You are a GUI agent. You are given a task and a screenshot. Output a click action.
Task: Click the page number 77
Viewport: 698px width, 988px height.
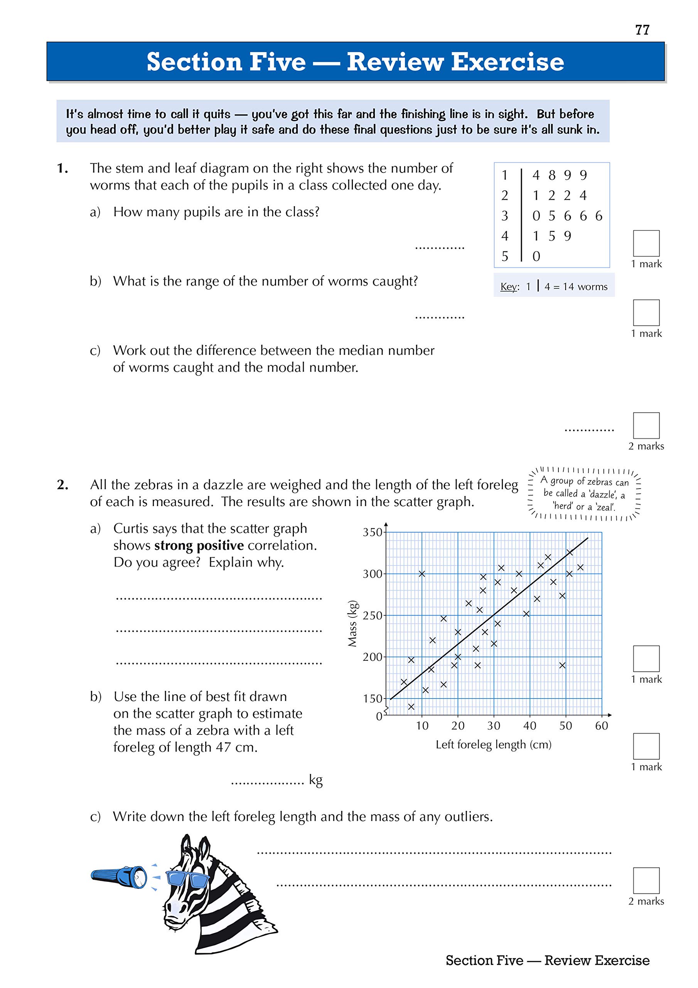tap(642, 30)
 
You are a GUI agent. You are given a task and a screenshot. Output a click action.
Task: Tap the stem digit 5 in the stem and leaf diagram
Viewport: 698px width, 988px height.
tap(504, 257)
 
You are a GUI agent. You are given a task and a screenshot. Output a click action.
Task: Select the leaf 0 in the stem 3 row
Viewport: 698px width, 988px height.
tap(536, 216)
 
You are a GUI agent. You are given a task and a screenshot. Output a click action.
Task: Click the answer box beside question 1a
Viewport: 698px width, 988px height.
tap(646, 244)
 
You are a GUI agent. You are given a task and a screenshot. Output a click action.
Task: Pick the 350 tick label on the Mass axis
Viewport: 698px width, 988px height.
tap(373, 532)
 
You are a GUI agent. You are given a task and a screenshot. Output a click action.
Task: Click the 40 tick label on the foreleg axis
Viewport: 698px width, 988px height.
tap(529, 726)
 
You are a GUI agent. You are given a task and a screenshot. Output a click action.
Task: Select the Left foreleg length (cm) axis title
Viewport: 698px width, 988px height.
tap(493, 745)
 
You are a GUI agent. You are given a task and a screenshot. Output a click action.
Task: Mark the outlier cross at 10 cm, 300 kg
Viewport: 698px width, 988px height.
tap(422, 574)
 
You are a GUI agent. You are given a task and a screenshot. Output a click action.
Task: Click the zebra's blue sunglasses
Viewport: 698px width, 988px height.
tap(187, 878)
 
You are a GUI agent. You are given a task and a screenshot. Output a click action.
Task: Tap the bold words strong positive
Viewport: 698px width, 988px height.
tap(199, 546)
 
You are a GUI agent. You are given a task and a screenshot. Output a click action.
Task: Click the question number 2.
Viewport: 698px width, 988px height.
tap(63, 485)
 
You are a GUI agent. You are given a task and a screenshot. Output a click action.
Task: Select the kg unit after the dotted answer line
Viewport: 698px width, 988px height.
tap(316, 780)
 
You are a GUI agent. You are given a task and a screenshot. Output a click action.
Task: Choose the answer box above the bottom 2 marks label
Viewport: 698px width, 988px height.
tap(646, 880)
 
